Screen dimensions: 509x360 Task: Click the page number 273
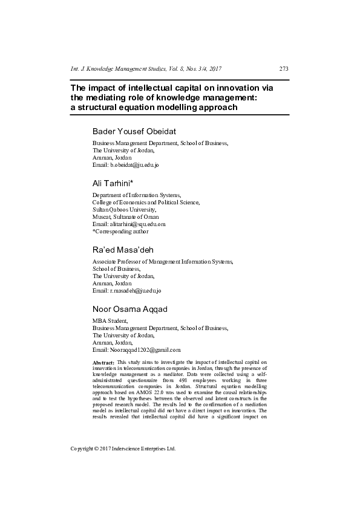point(284,69)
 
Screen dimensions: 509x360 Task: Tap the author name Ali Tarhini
point(112,183)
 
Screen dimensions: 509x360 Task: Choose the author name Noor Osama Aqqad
point(130,309)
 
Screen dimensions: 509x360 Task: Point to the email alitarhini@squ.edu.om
point(137,224)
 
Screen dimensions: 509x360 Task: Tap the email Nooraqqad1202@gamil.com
point(145,350)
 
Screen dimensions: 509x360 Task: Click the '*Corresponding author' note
point(120,231)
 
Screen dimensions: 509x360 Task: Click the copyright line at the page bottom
point(123,449)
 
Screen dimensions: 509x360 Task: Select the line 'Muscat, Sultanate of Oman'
point(125,216)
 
